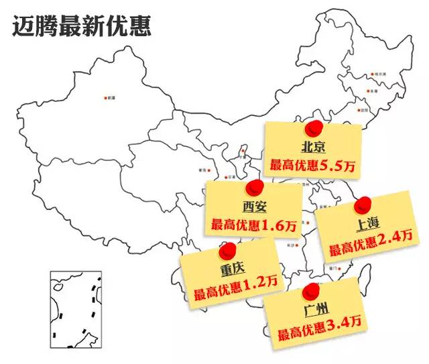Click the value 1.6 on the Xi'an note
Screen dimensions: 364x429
click(x=272, y=225)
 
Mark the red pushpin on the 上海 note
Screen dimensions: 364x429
click(x=363, y=204)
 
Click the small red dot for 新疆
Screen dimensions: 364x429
click(x=105, y=98)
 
